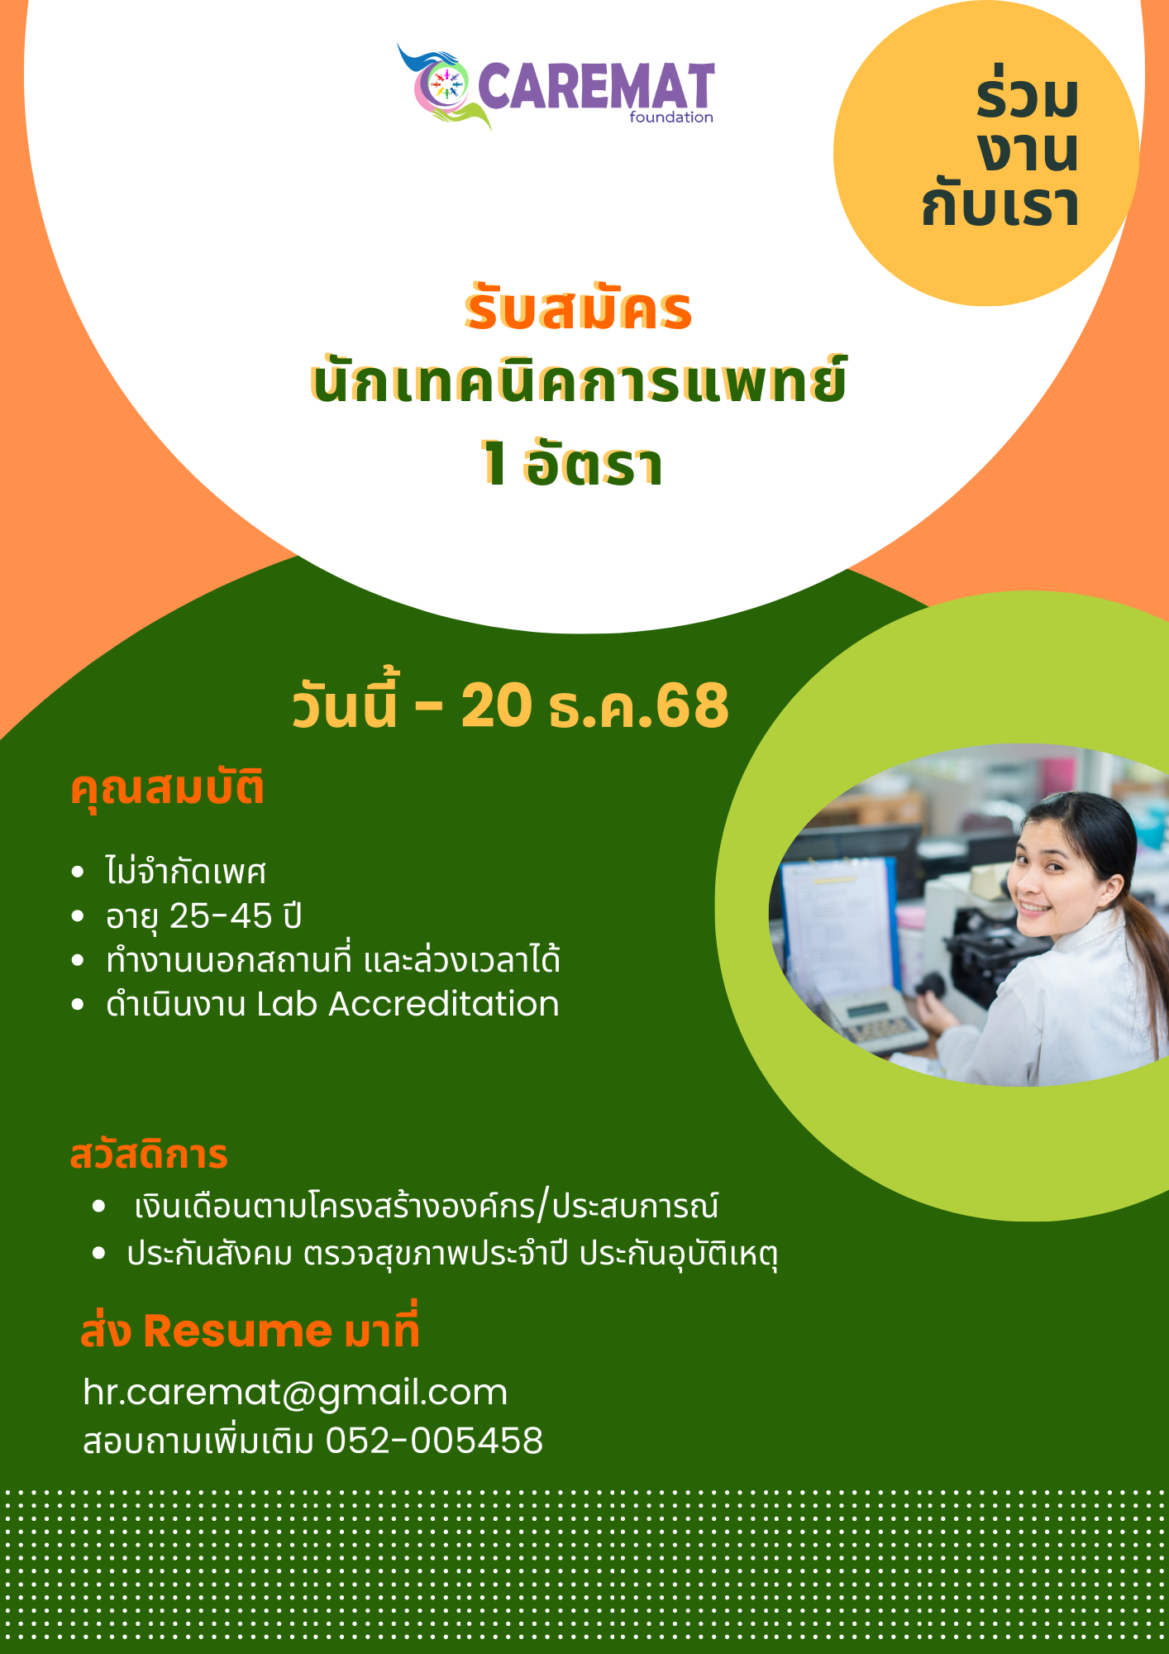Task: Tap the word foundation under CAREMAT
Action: click(671, 117)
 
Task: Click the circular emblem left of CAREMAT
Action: click(443, 84)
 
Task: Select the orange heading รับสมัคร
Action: click(578, 308)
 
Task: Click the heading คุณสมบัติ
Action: click(167, 789)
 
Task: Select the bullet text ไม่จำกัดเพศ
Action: click(186, 870)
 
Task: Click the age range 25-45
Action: click(221, 916)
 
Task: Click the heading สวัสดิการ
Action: click(149, 1154)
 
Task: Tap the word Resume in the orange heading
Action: click(238, 1331)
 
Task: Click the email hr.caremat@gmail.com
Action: click(295, 1393)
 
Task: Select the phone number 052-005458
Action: click(435, 1440)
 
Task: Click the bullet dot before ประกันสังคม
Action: click(99, 1254)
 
